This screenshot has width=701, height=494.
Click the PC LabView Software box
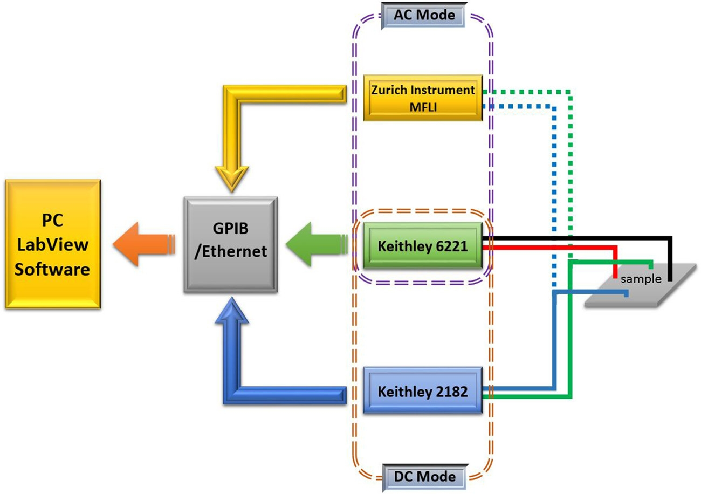[52, 244]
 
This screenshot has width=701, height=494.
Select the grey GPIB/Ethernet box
[231, 244]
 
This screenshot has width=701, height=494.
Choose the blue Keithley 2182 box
[422, 390]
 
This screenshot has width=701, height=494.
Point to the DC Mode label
[422, 477]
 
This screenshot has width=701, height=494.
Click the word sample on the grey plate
[640, 279]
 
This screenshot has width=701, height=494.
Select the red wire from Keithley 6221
[550, 247]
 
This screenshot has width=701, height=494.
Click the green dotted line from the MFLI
[571, 162]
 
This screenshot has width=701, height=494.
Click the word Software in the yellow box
[52, 268]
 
